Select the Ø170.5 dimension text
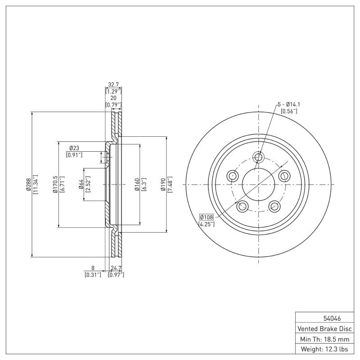click(x=55, y=184)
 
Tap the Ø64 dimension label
click(x=81, y=184)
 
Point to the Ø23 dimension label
click(x=74, y=148)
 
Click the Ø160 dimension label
click(x=136, y=184)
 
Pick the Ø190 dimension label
click(x=162, y=184)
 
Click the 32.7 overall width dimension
click(x=114, y=84)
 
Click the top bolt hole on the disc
click(x=258, y=157)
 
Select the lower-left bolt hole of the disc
click(x=242, y=207)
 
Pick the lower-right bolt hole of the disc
click(x=274, y=207)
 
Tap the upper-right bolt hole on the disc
click(x=283, y=176)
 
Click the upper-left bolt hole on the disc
click(x=233, y=176)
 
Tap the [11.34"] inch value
click(x=36, y=184)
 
